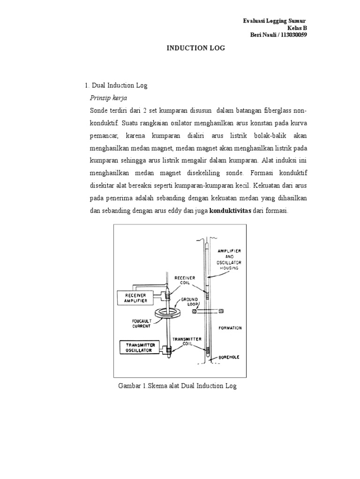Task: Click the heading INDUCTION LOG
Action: pyautogui.click(x=194, y=48)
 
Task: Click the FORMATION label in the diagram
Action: pyautogui.click(x=230, y=328)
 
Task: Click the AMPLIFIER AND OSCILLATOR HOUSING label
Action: pyautogui.click(x=230, y=260)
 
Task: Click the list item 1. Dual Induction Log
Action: pyautogui.click(x=116, y=86)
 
